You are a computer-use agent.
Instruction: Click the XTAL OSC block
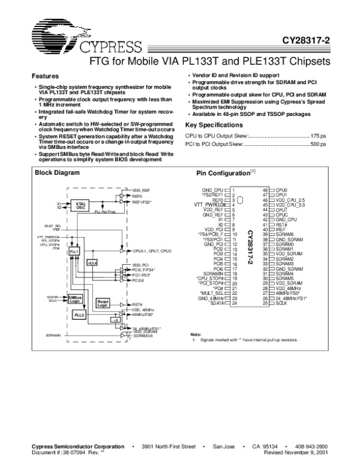[80, 205]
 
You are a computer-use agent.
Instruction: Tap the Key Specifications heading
[214, 125]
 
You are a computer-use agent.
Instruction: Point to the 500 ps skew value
[319, 145]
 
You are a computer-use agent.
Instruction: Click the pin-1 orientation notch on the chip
[240, 199]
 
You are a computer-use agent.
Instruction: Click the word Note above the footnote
[196, 334]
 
